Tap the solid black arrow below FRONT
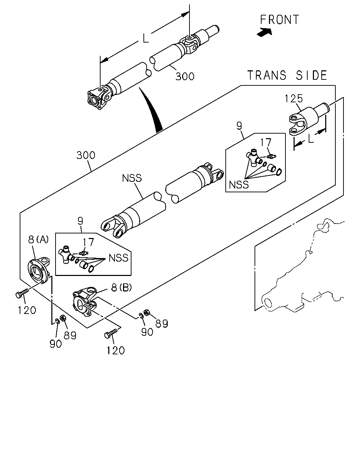pos(265,32)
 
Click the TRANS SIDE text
pos(287,75)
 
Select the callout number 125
pos(294,98)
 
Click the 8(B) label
pos(121,288)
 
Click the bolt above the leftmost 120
pos(22,293)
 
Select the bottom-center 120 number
pos(116,350)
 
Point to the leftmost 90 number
pos(56,343)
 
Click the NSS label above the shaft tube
pos(132,178)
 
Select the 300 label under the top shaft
pos(185,76)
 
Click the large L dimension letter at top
pos(146,38)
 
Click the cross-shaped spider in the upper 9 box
pos(254,157)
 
